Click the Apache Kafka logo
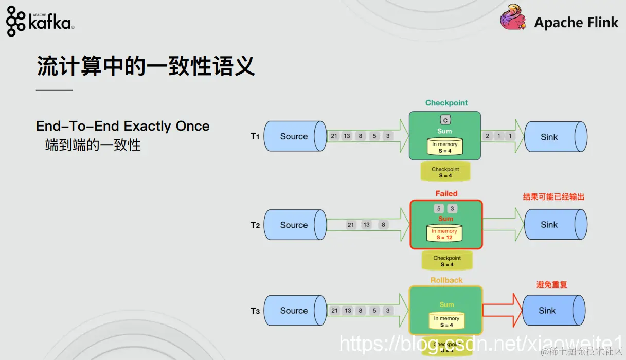tap(40, 21)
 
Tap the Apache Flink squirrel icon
tap(513, 18)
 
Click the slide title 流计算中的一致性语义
tap(146, 66)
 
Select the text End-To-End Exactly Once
tap(123, 126)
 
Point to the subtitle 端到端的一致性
tap(93, 145)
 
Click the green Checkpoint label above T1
tap(446, 103)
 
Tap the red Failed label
tap(446, 194)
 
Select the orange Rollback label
tap(446, 280)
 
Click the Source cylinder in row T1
tap(295, 136)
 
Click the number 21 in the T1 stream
tap(334, 136)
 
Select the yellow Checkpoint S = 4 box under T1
tap(445, 172)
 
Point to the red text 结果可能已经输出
tap(553, 196)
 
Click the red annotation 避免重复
tap(551, 284)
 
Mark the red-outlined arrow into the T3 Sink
tap(501, 310)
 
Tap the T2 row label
tap(255, 225)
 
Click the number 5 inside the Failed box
tap(439, 209)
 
